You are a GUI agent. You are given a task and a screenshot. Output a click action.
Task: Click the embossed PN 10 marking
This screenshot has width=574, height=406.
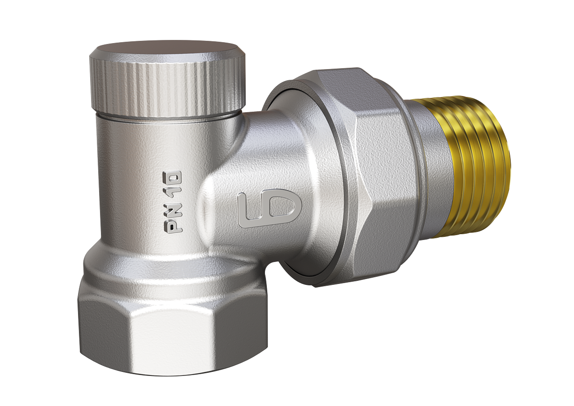click(x=174, y=202)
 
